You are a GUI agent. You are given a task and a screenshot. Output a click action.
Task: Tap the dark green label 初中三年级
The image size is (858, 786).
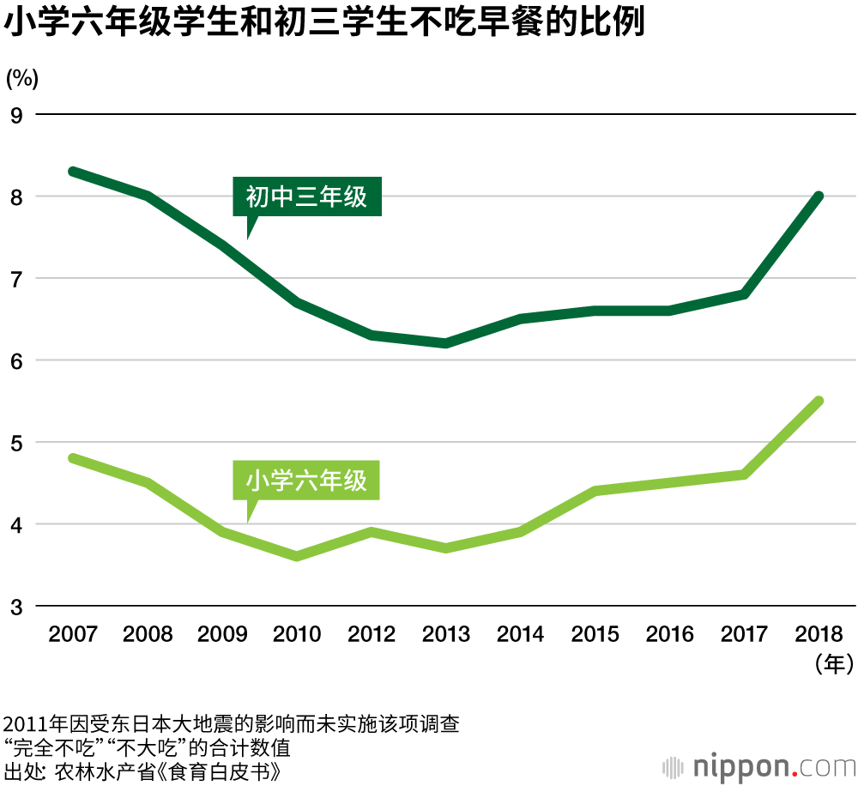[x=306, y=197]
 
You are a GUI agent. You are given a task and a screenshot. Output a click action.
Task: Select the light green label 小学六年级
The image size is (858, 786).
[x=306, y=481]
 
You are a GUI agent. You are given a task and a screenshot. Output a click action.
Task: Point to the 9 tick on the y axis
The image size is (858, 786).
[x=15, y=115]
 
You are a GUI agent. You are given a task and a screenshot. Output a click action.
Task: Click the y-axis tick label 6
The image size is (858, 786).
[x=15, y=361]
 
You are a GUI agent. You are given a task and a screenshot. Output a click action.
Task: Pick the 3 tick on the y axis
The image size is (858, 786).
[x=15, y=607]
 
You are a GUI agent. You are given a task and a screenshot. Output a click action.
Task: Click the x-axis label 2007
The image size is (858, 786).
[x=73, y=635]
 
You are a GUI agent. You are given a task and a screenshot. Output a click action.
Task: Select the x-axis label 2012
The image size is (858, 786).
[x=372, y=635]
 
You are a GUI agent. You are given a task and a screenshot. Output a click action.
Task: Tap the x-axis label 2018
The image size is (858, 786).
[x=820, y=635]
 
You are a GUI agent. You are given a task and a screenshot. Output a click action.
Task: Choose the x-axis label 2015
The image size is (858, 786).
[x=595, y=635]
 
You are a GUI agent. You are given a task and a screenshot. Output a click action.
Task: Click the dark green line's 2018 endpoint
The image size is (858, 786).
[x=819, y=196]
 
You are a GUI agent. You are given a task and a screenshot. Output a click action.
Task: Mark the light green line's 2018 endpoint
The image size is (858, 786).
[x=819, y=402]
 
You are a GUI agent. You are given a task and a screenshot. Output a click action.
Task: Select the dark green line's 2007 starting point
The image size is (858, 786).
[x=73, y=172]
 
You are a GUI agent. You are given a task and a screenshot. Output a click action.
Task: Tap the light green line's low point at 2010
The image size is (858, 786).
[x=297, y=557]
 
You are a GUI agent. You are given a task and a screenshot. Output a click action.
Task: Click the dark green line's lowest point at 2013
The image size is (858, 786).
[x=446, y=343]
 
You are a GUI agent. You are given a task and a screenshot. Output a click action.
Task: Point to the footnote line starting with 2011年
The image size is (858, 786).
[x=232, y=724]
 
